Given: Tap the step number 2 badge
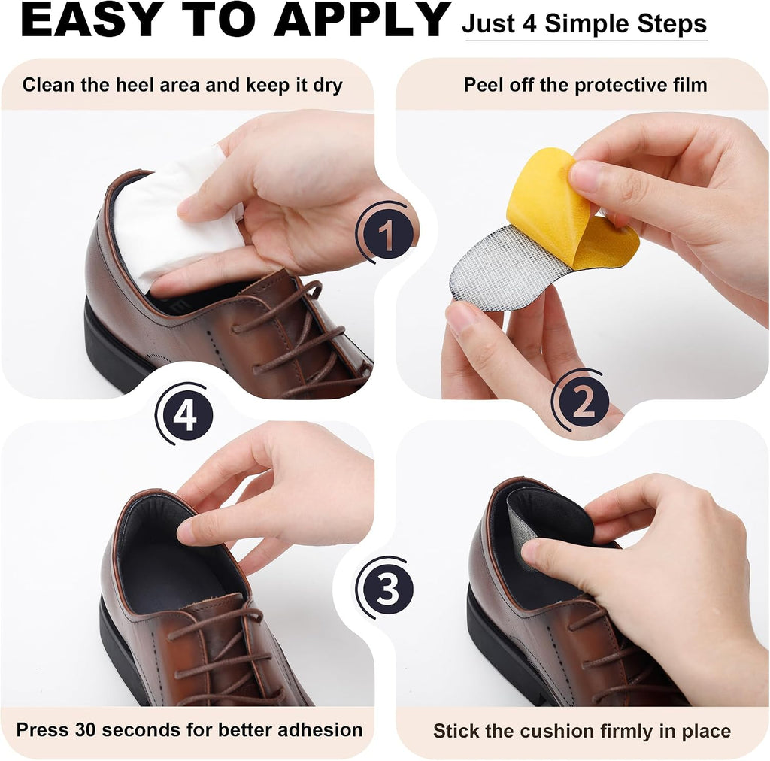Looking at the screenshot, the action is (583, 400).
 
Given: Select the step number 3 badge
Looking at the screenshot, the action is (387, 587).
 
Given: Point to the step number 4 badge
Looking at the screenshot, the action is (186, 414).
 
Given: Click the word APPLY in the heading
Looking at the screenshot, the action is (362, 20).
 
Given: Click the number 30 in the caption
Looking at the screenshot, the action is (86, 729).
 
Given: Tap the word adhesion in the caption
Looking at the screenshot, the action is (320, 729).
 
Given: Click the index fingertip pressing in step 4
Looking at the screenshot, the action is (186, 532).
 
